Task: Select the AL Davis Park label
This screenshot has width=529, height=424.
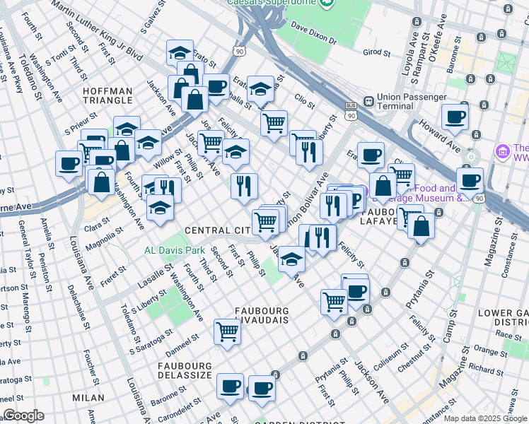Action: coord(174,250)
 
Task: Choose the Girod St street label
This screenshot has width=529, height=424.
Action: coord(376,52)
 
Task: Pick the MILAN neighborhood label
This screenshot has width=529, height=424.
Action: coord(88,399)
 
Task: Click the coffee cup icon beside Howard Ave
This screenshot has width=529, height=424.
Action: coord(455,117)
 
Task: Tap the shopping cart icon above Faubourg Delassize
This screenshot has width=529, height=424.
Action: coord(227,331)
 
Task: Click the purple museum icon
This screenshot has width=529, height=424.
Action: coord(502,151)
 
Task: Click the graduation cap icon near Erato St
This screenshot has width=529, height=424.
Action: coord(180,52)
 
